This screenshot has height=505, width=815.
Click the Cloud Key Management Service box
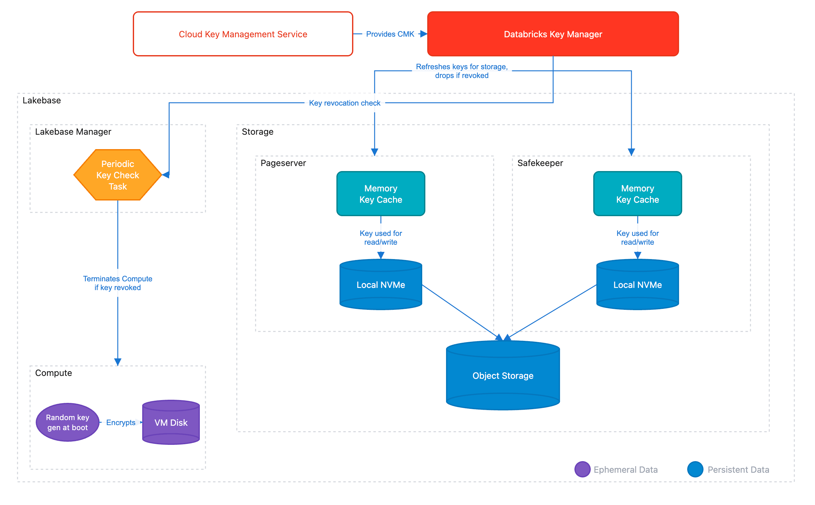pos(243,34)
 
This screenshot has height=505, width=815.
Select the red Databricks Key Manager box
pos(553,34)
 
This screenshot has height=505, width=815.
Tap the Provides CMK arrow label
pos(390,34)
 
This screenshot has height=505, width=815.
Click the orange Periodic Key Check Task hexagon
pos(117,175)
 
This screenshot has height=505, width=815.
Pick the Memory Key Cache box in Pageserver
pos(381,194)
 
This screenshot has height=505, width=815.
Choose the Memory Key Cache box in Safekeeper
pos(637,194)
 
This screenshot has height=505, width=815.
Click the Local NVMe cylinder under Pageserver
pos(381,284)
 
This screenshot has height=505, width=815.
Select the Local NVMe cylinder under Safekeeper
pos(637,284)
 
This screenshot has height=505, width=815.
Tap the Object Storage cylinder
pos(502,375)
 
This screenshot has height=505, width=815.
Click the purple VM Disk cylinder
pos(171,423)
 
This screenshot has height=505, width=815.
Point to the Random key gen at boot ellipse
pos(67,422)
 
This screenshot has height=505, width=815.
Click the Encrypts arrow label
pos(121,423)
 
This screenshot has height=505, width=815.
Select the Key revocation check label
pos(344,103)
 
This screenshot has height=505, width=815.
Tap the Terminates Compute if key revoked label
pos(117,283)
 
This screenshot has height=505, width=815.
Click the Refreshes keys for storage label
pos(461,71)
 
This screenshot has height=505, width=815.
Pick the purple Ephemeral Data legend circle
pos(582,469)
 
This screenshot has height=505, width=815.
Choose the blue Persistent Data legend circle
pos(695,469)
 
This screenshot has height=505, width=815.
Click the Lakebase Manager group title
pos(73,132)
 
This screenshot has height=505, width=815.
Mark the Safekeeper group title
pos(540,163)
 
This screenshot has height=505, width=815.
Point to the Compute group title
pos(54,373)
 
